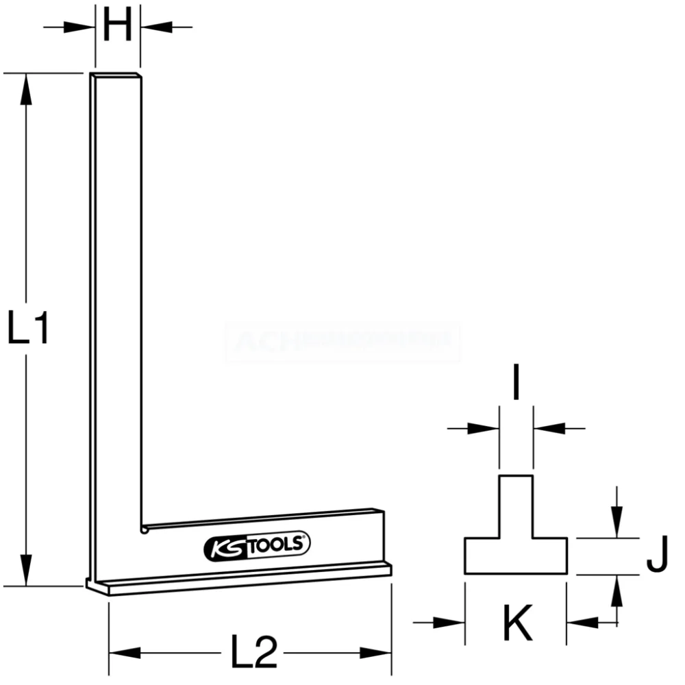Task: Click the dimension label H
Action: (x=117, y=27)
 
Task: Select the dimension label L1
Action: (x=28, y=328)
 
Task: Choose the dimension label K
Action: (x=517, y=623)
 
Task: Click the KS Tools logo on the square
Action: (x=258, y=545)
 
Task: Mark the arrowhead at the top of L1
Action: (x=26, y=89)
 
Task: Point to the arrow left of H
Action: (x=81, y=27)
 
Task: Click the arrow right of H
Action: (x=155, y=27)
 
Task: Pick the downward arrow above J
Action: (x=617, y=524)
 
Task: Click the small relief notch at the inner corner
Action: (x=145, y=529)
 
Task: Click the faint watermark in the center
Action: (x=342, y=342)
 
